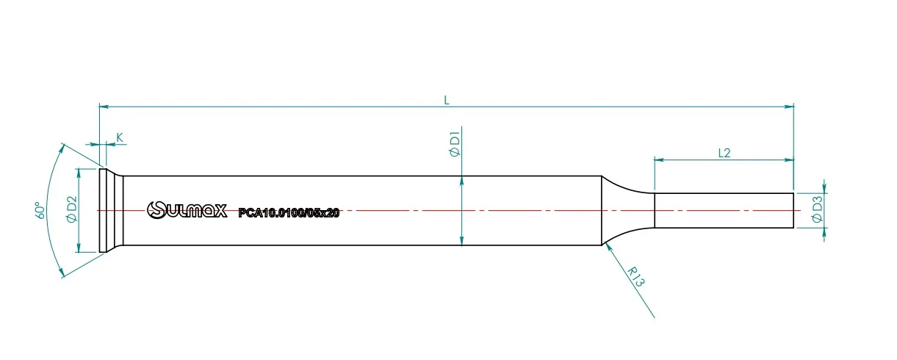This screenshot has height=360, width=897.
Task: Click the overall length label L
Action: pyautogui.click(x=447, y=100)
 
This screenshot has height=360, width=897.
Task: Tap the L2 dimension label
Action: pyautogui.click(x=724, y=153)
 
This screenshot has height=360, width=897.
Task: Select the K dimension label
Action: pyautogui.click(x=119, y=137)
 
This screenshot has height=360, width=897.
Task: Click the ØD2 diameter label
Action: pyautogui.click(x=72, y=209)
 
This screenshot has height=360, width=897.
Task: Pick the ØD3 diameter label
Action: pyautogui.click(x=817, y=209)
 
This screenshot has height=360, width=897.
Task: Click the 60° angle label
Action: pyautogui.click(x=40, y=210)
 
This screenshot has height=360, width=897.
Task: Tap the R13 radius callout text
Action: pyautogui.click(x=635, y=277)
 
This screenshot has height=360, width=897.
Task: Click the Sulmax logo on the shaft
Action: pyautogui.click(x=187, y=210)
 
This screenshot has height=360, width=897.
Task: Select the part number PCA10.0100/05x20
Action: pyautogui.click(x=289, y=212)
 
